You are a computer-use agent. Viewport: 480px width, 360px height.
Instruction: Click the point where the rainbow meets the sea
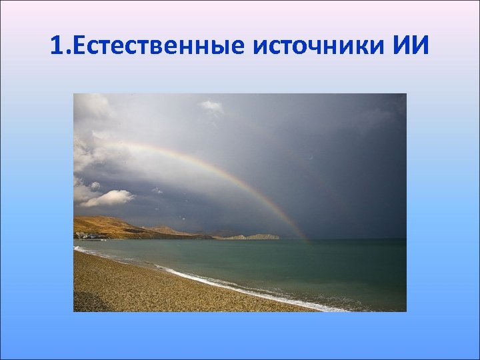307,239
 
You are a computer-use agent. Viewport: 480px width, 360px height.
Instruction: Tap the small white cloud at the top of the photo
212,105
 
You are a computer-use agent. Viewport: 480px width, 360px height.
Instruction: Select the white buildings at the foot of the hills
85,235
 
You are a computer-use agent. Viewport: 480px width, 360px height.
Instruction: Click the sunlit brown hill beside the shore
107,225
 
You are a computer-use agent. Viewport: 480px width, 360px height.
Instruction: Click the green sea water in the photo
300,267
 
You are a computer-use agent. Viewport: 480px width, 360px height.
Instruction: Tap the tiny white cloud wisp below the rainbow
157,191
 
